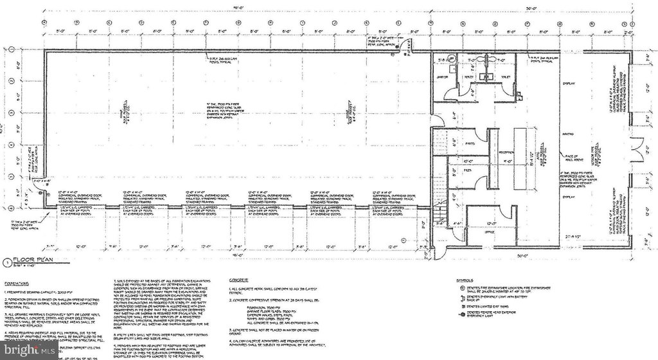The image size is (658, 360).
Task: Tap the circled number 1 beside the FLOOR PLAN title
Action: [6, 262]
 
